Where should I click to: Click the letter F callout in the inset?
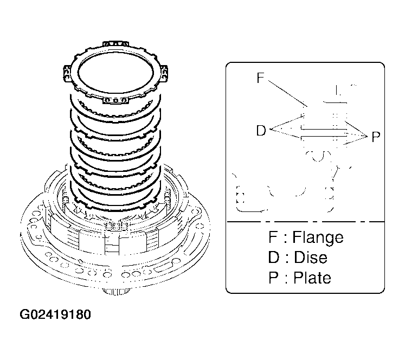pyautogui.click(x=261, y=78)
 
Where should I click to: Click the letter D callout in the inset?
pyautogui.click(x=261, y=130)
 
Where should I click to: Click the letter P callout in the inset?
pyautogui.click(x=376, y=137)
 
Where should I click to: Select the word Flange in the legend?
pyautogui.click(x=318, y=237)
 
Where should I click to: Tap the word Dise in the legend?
pyautogui.click(x=311, y=257)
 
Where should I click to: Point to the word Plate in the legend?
pyautogui.click(x=312, y=278)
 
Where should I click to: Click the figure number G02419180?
pyautogui.click(x=55, y=314)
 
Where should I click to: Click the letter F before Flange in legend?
pyautogui.click(x=273, y=237)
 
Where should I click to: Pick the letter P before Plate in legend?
pyautogui.click(x=273, y=278)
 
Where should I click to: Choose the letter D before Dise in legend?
pyautogui.click(x=274, y=257)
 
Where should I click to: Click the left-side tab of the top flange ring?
pyautogui.click(x=67, y=74)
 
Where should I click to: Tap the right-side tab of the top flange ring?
pyautogui.click(x=164, y=74)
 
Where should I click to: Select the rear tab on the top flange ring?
pyautogui.click(x=115, y=43)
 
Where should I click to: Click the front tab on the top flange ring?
pyautogui.click(x=115, y=100)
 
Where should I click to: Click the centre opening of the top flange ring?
pyautogui.click(x=115, y=74)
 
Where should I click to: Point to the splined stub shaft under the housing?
pyautogui.click(x=116, y=292)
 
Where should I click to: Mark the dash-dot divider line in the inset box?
pyautogui.click(x=306, y=222)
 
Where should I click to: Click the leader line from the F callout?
pyautogui.click(x=287, y=93)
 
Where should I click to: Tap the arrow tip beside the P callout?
pyautogui.click(x=367, y=137)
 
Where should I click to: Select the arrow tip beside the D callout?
pyautogui.click(x=270, y=129)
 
